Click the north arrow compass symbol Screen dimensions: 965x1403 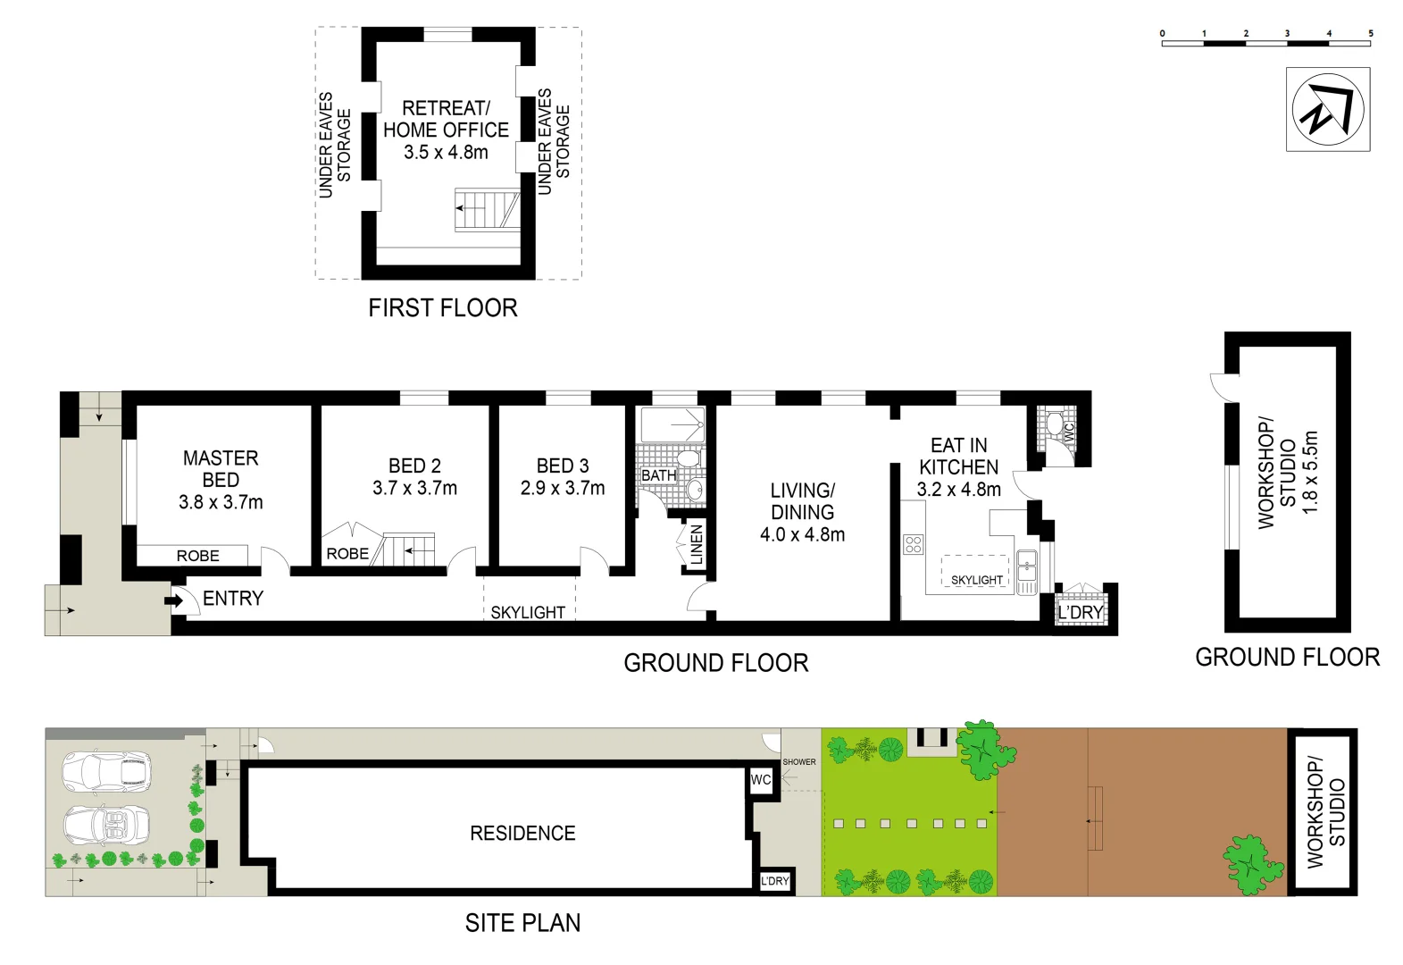(1327, 109)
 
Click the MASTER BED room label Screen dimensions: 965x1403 (221, 468)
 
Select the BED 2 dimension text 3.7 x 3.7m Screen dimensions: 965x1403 (414, 489)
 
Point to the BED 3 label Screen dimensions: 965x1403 (562, 466)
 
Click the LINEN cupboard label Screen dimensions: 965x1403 (697, 544)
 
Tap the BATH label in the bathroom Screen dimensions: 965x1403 (658, 475)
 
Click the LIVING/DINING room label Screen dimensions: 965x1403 (802, 501)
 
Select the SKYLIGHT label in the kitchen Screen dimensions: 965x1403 (976, 580)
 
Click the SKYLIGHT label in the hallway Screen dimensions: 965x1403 (528, 612)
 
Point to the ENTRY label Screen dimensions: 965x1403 (233, 599)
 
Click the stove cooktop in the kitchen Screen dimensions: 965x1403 (912, 544)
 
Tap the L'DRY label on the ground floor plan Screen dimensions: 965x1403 (1080, 612)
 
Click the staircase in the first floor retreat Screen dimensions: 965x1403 (487, 208)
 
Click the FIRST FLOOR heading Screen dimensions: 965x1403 (443, 308)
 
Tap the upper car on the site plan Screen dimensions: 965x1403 (106, 771)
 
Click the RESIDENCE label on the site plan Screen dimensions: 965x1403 (522, 834)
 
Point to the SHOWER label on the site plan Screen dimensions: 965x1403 (798, 762)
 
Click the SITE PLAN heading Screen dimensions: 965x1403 (522, 923)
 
